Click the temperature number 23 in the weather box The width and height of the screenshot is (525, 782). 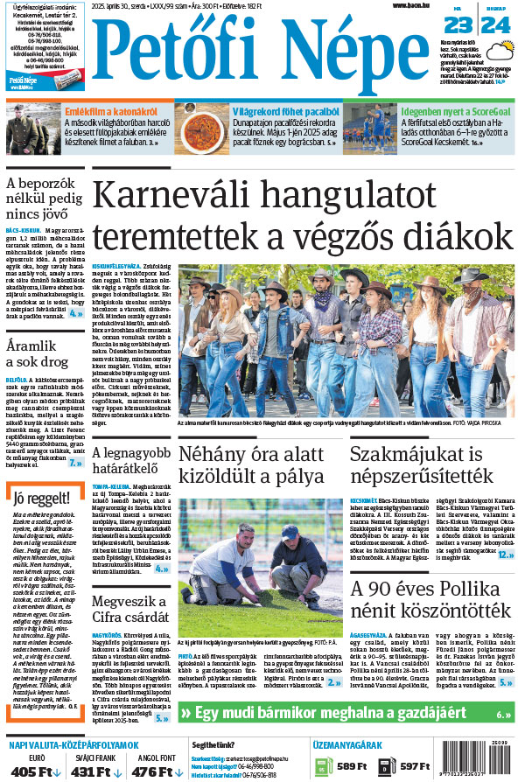(457, 24)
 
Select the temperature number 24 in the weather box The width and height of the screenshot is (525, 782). (494, 24)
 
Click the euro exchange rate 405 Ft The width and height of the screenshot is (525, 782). (37, 771)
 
